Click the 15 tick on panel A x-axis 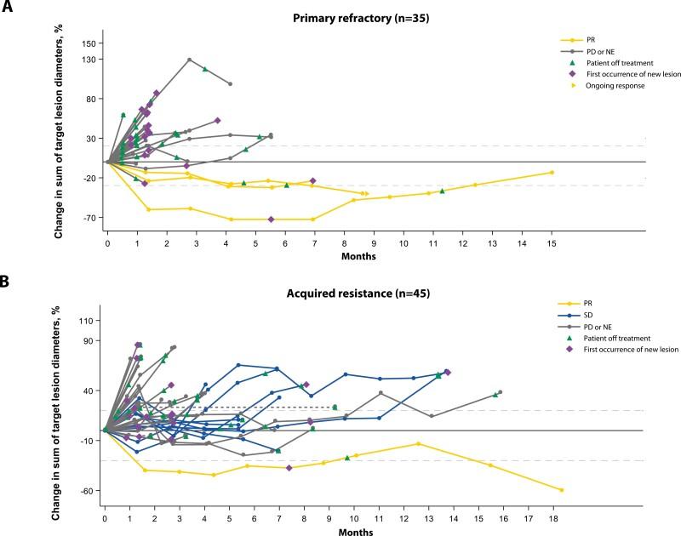552,244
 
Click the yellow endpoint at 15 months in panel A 552,173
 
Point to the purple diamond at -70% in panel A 271,220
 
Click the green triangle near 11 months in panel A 442,191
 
